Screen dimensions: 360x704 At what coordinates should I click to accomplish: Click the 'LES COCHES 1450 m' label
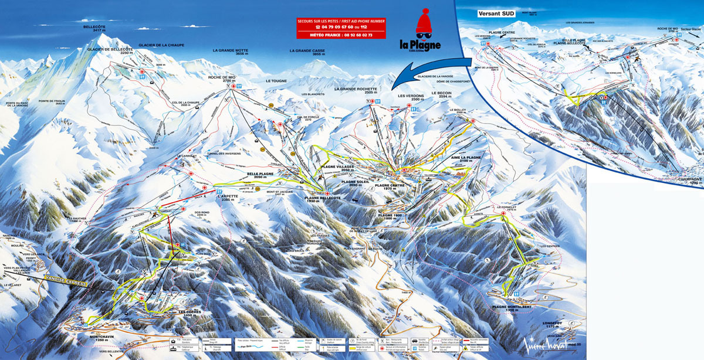tap(189, 314)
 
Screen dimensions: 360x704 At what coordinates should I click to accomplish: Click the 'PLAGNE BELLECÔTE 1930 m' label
tap(323, 200)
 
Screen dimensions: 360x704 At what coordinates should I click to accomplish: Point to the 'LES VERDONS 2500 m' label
tap(409, 98)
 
